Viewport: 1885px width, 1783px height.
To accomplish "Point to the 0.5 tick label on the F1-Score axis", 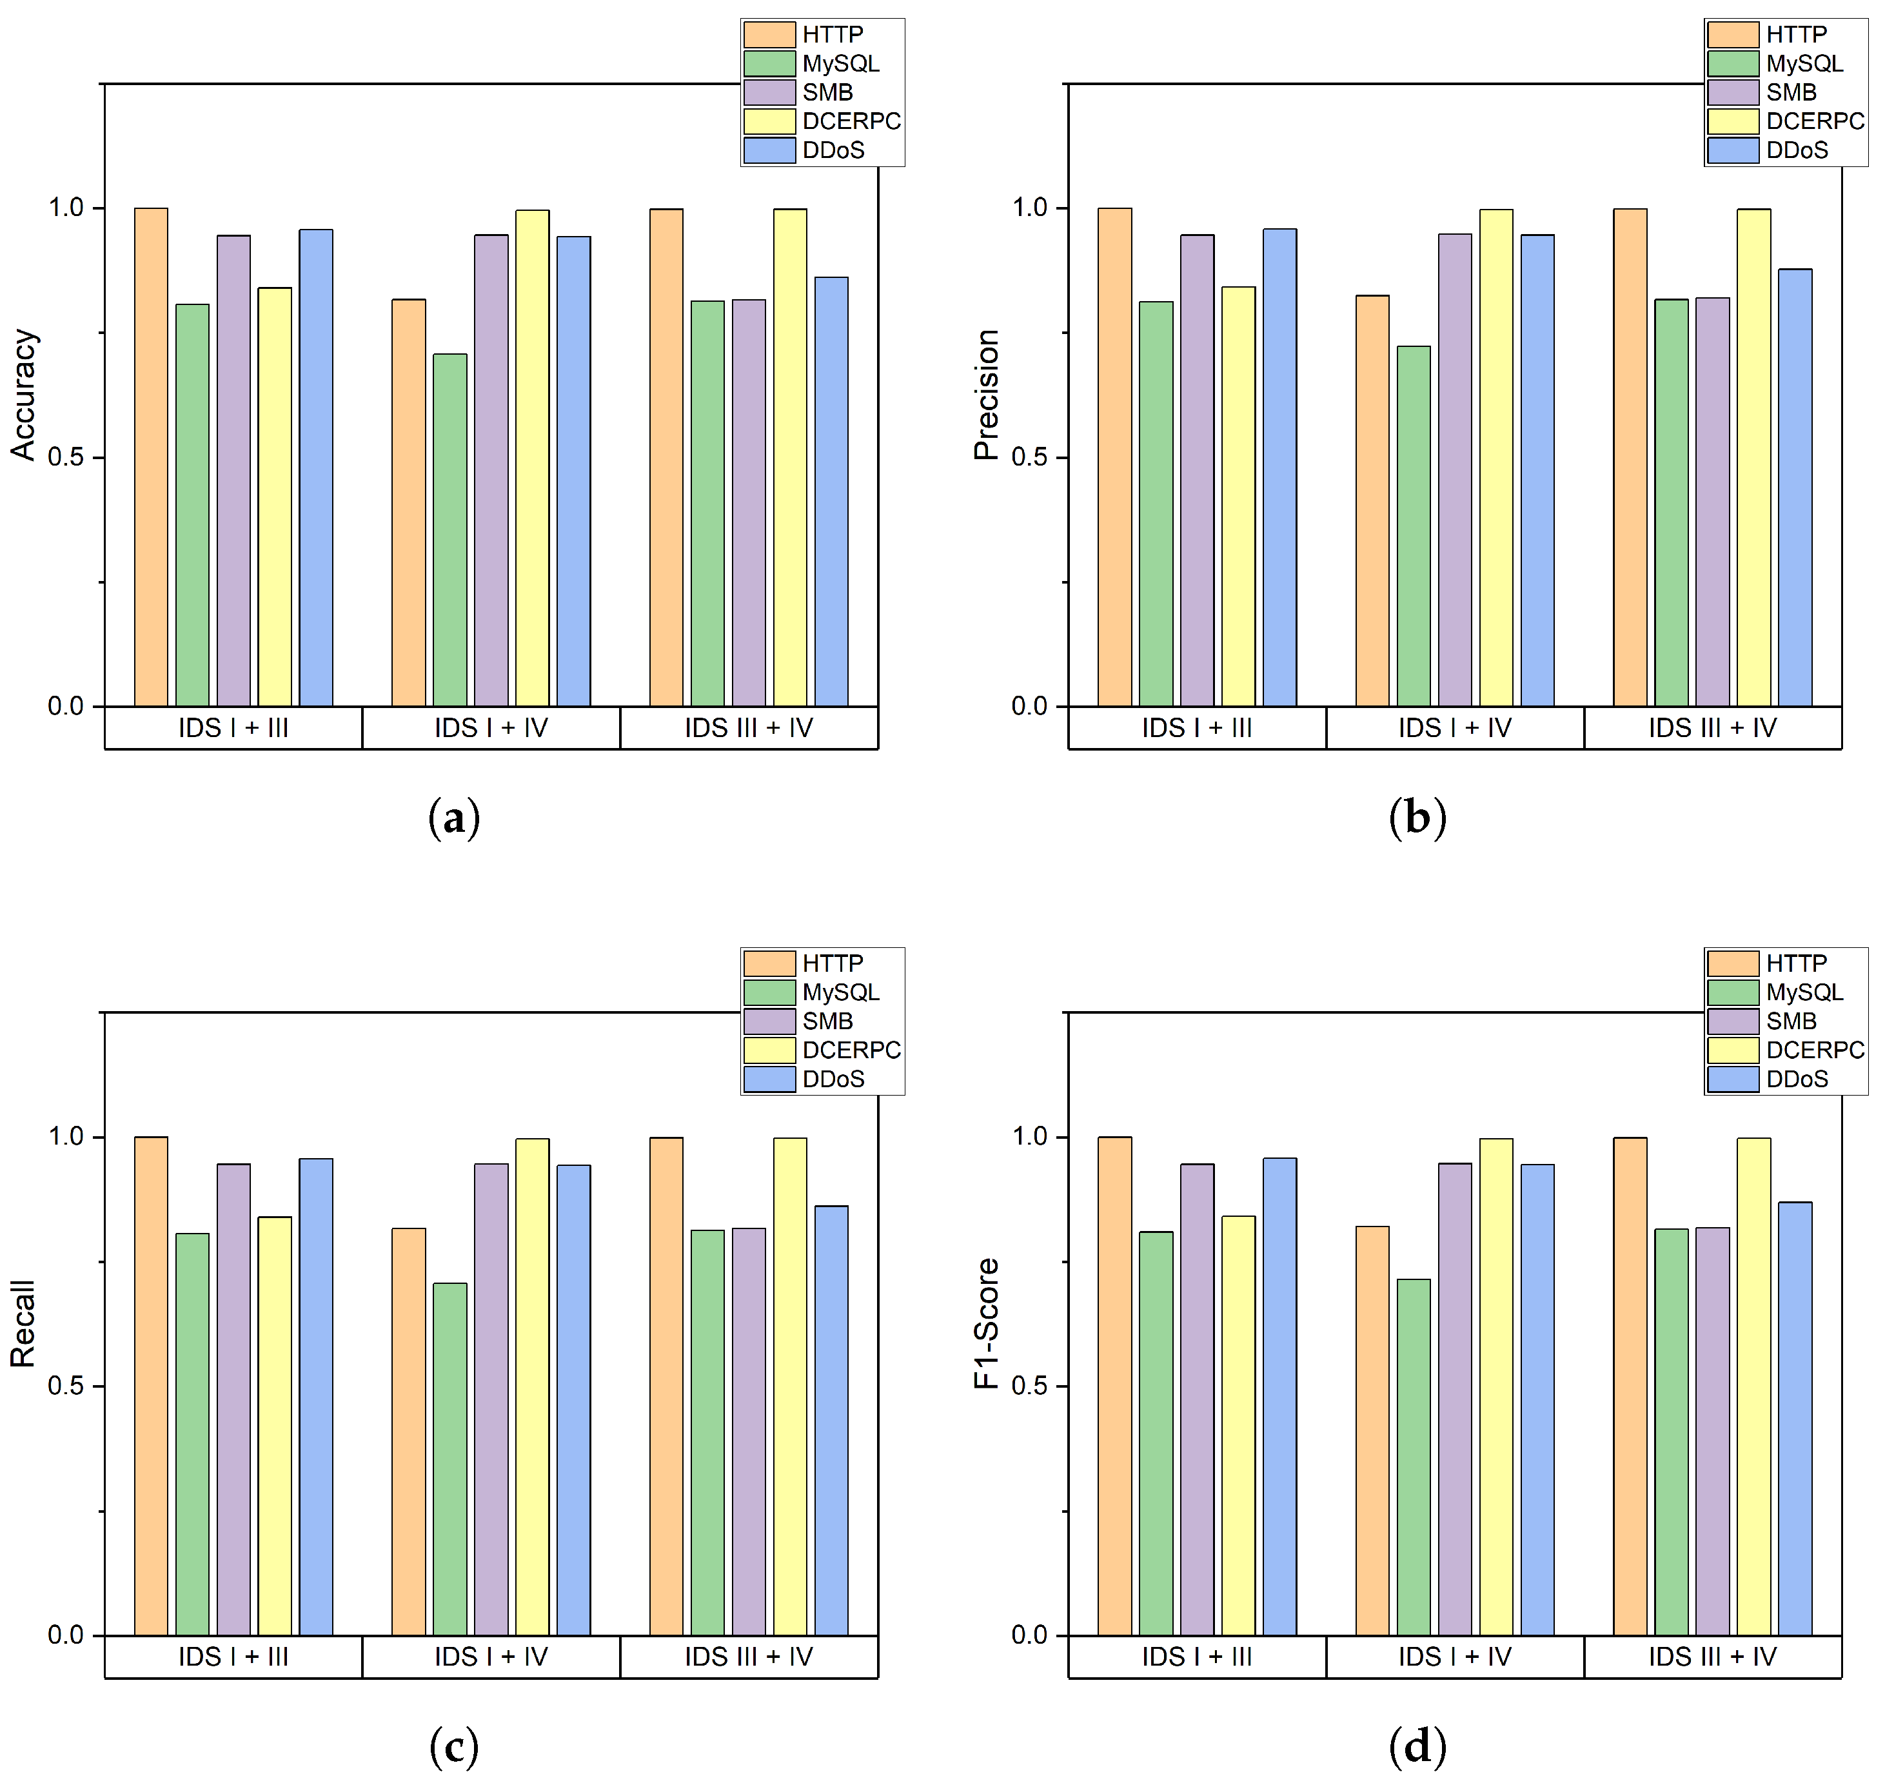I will click(x=1029, y=1386).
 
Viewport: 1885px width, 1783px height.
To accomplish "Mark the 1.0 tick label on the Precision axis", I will click(x=1029, y=207).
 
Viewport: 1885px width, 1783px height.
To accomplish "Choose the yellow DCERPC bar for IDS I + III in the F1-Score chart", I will click(x=1238, y=1426).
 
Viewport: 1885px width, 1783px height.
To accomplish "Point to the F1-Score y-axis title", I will click(x=987, y=1323).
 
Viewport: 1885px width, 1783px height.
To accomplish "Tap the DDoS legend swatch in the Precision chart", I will click(x=1732, y=150).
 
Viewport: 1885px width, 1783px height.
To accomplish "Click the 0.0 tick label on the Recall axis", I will click(x=66, y=1635).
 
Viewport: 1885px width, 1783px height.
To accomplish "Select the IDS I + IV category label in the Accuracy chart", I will click(x=491, y=728).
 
